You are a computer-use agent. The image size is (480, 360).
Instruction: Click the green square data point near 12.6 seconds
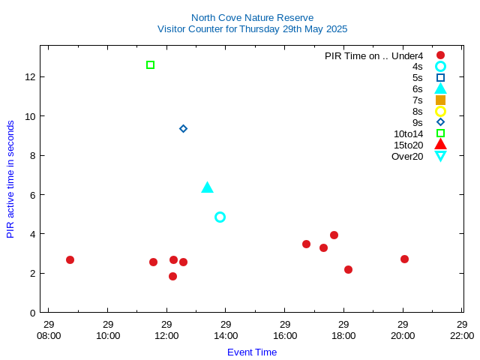coord(151,65)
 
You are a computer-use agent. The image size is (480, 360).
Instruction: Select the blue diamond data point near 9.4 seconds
coord(183,129)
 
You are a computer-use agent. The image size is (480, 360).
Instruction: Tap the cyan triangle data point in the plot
coord(208,187)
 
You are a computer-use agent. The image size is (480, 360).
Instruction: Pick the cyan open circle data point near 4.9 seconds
coord(220,217)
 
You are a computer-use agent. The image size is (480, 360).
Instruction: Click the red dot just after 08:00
coord(70,259)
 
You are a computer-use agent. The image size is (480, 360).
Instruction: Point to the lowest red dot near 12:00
coord(172,276)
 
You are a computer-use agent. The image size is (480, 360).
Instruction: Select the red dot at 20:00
coord(404,259)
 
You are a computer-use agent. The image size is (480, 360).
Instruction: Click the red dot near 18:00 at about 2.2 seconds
coord(348,269)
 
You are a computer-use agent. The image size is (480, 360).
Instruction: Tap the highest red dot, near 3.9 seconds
coord(334,235)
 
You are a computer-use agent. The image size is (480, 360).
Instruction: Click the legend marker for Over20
coord(440,156)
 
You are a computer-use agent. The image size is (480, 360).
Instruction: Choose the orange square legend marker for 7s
coord(440,100)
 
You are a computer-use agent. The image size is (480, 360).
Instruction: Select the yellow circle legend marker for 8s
coord(440,111)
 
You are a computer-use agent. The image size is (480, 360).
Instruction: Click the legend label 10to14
coord(408,133)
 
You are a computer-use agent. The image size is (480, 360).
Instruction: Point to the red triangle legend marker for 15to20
coord(440,145)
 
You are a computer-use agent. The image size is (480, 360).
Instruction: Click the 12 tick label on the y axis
coord(31,76)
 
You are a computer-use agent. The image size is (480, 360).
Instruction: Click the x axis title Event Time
coord(252,352)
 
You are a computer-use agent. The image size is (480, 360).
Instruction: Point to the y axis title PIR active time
coord(10,178)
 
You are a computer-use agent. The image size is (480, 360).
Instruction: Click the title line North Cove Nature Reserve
coord(252,17)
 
